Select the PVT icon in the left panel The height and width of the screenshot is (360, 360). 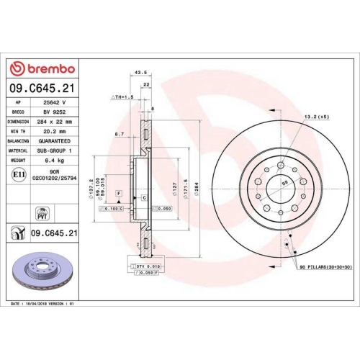tap(42, 212)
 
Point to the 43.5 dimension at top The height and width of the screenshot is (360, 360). tap(141, 72)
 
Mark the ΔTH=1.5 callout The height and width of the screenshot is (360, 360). tap(124, 96)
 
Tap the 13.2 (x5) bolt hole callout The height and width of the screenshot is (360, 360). tap(315, 117)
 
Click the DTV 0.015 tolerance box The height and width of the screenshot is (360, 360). tap(147, 266)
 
